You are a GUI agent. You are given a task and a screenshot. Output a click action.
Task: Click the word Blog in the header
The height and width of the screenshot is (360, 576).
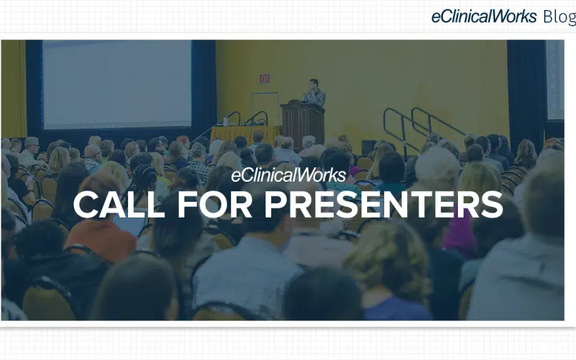[x=559, y=17]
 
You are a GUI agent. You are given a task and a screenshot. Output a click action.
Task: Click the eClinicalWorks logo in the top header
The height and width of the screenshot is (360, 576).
[x=484, y=17]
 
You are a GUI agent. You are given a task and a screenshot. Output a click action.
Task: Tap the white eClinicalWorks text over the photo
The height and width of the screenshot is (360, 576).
[x=288, y=175]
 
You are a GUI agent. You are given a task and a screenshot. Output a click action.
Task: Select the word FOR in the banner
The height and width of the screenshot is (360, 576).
[x=215, y=205]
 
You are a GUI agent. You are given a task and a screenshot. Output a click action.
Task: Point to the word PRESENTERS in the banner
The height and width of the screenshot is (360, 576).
[x=384, y=205]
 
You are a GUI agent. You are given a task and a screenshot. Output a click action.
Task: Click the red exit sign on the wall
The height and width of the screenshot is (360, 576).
[x=265, y=79]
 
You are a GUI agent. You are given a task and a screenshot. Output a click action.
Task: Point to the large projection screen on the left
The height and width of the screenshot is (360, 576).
[x=117, y=84]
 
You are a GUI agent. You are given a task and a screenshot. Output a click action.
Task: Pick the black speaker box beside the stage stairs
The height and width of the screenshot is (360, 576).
[x=368, y=147]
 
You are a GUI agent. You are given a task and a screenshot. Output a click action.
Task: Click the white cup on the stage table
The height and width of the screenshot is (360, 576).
[x=225, y=122]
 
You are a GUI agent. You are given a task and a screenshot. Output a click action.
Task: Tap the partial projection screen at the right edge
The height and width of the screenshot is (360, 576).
[x=555, y=79]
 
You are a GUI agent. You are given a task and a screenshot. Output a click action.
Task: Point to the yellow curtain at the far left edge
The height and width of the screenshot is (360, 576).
[x=14, y=89]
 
